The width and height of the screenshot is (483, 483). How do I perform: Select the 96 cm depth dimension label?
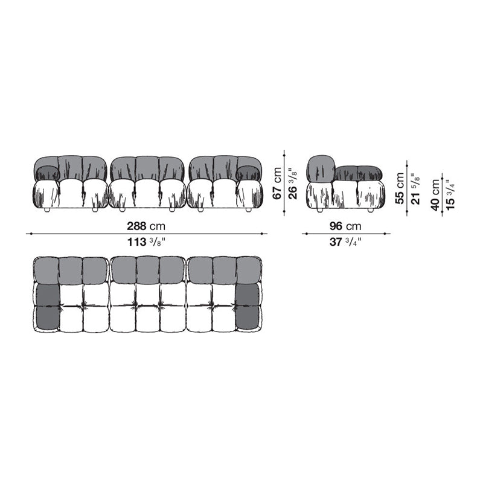(346, 226)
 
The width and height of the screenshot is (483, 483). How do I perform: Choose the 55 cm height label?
(400, 188)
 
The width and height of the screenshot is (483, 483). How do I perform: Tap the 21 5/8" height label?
(415, 188)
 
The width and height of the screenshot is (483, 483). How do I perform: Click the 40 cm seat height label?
(435, 194)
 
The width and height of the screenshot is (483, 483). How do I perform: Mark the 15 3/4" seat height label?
(451, 194)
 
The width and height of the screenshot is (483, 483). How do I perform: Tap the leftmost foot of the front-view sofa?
(46, 210)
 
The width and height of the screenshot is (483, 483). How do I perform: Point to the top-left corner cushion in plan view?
(46, 270)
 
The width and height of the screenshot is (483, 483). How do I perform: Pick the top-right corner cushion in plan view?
(247, 270)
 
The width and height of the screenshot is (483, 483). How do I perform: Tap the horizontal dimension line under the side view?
(346, 234)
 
